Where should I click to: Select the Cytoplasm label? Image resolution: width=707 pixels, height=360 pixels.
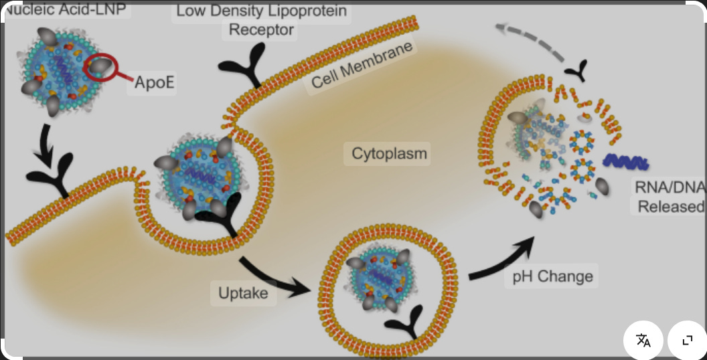(x=390, y=154)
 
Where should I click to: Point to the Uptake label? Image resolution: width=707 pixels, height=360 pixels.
(x=243, y=293)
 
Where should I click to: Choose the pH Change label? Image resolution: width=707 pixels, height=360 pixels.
(x=552, y=276)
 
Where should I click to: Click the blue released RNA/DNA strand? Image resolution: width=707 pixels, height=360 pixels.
(x=626, y=161)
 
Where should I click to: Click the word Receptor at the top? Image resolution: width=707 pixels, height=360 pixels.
(x=262, y=29)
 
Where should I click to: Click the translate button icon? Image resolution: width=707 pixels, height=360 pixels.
(x=643, y=341)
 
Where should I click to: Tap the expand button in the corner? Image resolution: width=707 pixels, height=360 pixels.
(x=687, y=341)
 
